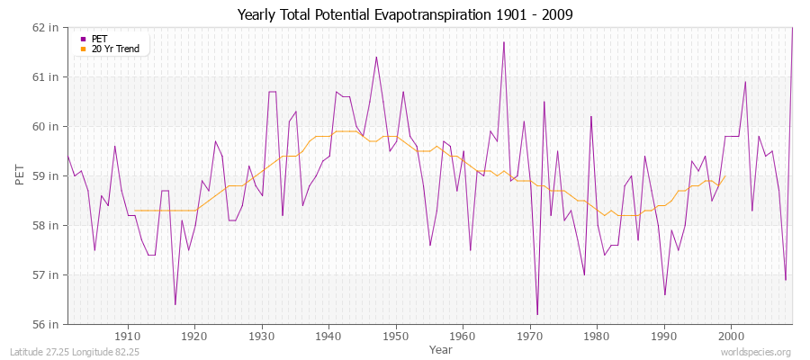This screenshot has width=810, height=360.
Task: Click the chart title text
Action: (x=405, y=15)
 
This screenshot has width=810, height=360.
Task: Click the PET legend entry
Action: (x=99, y=39)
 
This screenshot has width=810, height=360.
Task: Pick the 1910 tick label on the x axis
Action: (x=128, y=337)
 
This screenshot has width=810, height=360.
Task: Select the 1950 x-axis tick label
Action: (x=396, y=337)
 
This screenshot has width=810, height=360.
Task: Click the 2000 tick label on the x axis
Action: (x=731, y=337)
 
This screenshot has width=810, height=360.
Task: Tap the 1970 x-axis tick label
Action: (x=530, y=337)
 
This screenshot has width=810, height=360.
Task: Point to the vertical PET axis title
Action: (x=20, y=175)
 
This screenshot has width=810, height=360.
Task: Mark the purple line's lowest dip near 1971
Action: (x=537, y=314)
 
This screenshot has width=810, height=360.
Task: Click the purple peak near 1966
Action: (x=504, y=42)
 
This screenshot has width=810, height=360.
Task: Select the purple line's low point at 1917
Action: (x=175, y=304)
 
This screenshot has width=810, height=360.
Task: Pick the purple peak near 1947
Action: (x=376, y=57)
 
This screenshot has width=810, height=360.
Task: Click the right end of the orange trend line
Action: (x=724, y=176)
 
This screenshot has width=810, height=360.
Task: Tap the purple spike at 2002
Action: (x=745, y=82)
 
